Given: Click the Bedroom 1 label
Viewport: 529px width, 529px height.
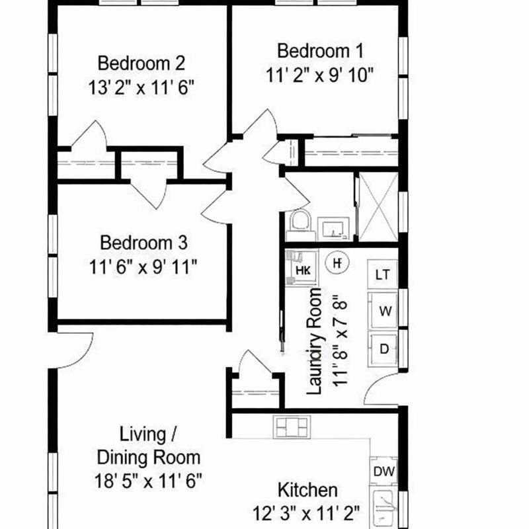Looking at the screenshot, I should click(x=320, y=50).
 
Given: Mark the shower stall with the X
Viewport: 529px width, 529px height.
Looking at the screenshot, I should click(x=377, y=206).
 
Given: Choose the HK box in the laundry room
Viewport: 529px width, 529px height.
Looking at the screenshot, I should click(x=302, y=268).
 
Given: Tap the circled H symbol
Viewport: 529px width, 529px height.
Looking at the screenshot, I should click(x=337, y=263).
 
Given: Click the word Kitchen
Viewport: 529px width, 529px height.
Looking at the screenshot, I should click(x=307, y=491).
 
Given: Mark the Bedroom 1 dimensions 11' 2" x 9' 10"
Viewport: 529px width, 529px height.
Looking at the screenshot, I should click(x=320, y=74).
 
